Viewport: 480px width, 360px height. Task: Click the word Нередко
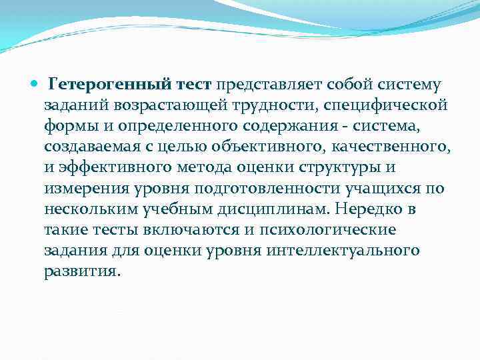pos(369,209)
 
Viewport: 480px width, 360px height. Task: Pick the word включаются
pos(194,230)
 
